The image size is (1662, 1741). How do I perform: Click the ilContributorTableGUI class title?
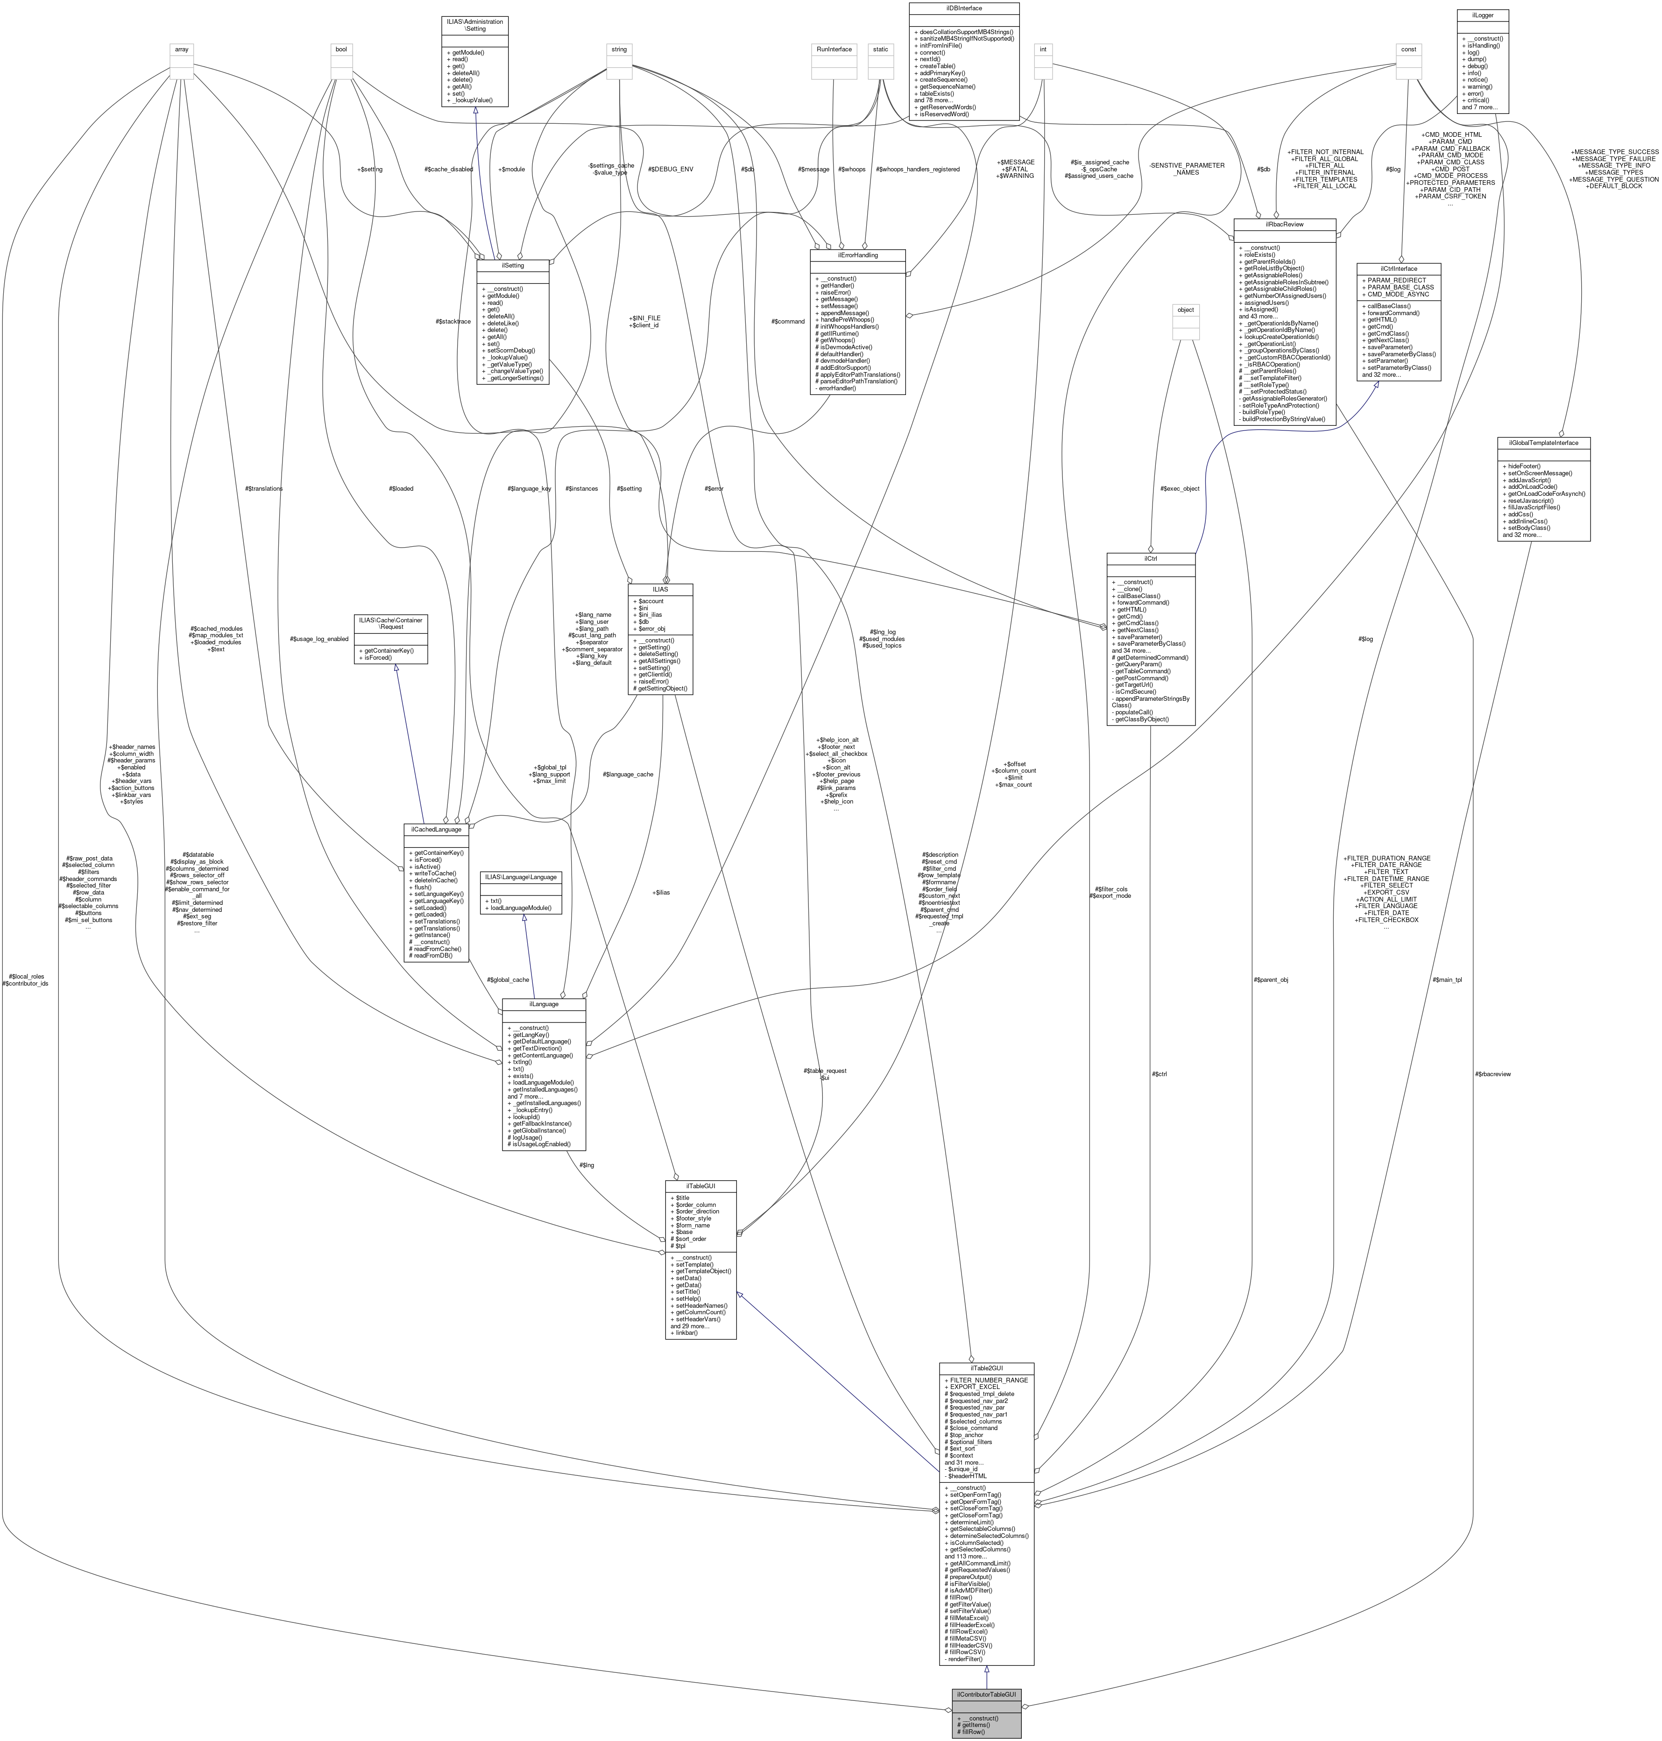986,1694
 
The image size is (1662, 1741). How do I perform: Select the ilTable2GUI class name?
986,1368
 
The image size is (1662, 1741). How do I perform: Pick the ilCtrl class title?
1151,558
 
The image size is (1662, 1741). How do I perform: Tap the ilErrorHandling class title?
857,254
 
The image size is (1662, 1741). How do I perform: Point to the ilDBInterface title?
963,8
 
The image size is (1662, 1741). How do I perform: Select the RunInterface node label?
834,49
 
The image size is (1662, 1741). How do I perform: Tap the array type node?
182,49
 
